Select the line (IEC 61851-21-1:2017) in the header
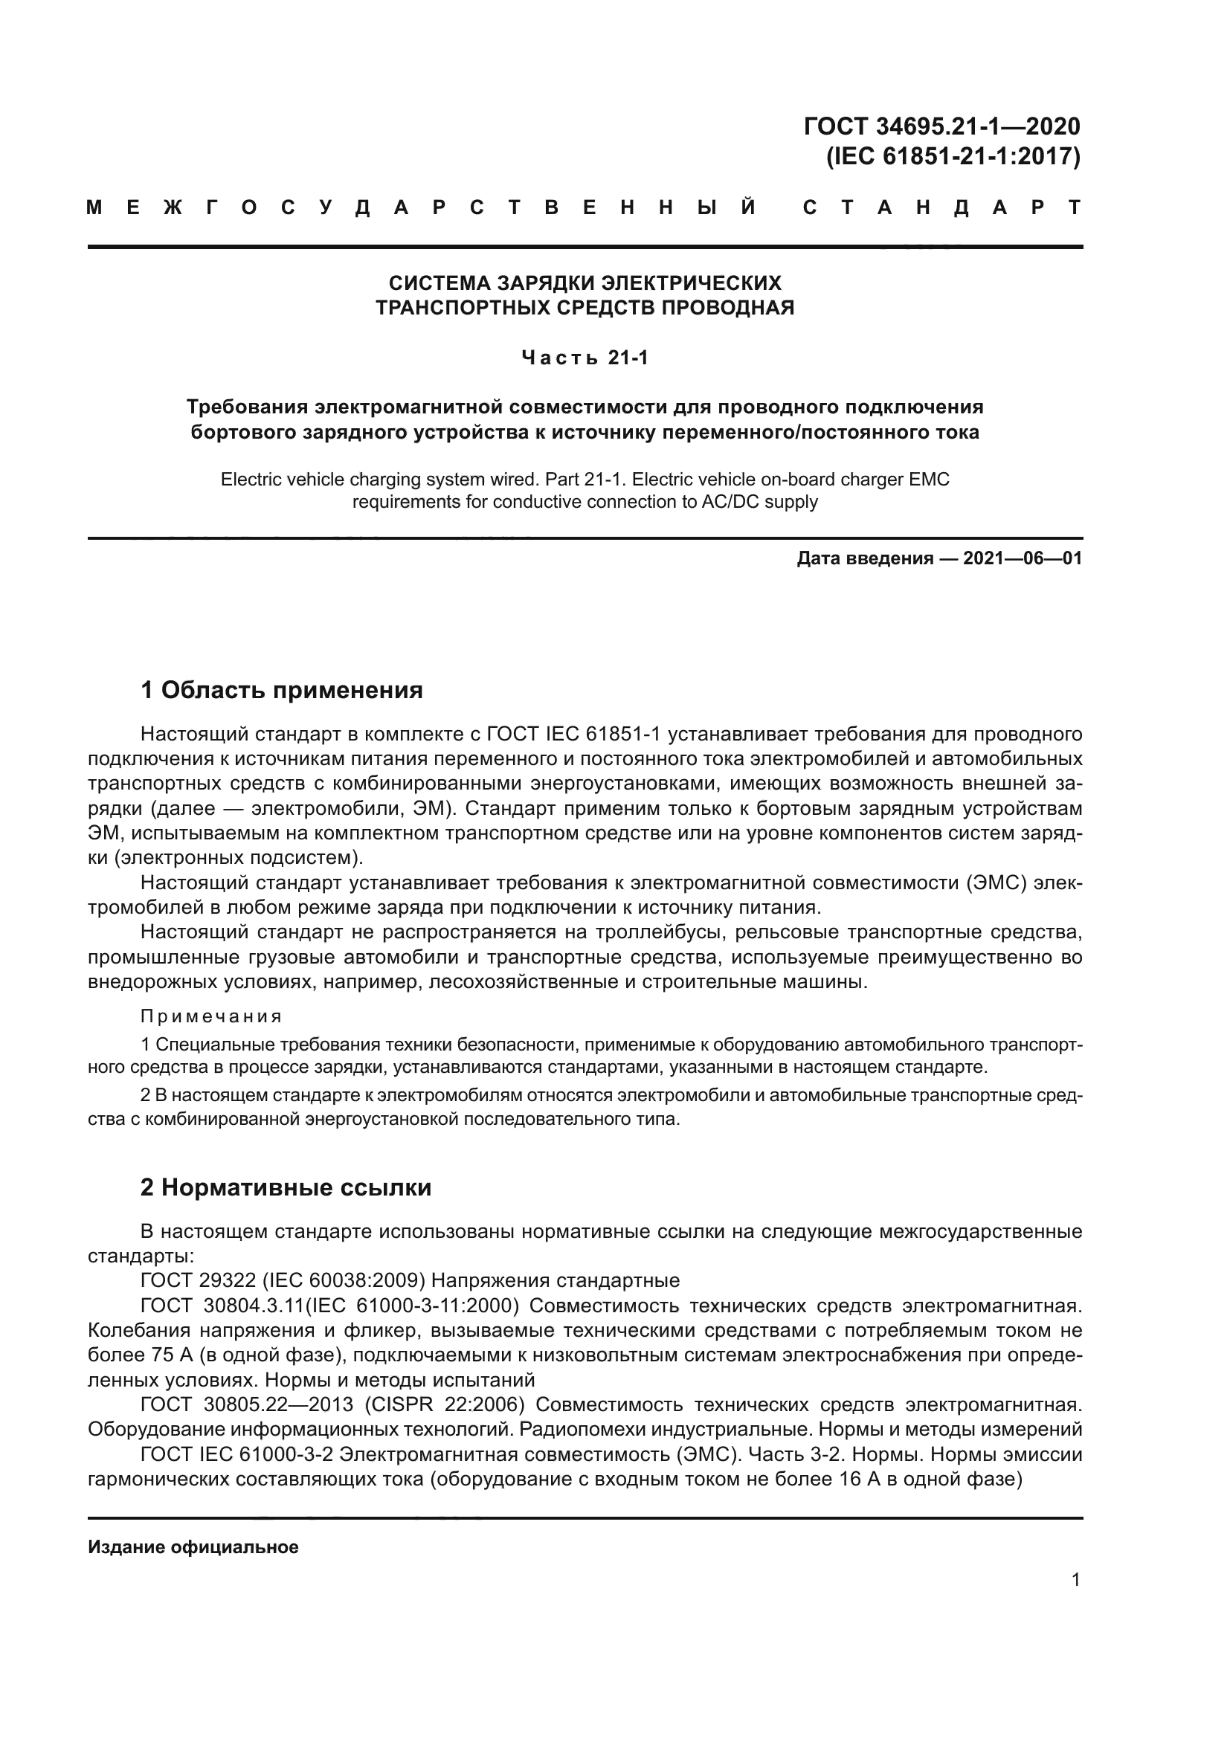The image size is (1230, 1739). pos(952,156)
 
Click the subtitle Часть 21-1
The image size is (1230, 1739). pos(585,358)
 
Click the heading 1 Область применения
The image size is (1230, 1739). pos(281,690)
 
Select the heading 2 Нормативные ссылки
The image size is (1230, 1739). pos(286,1187)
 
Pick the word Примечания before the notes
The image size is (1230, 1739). pos(211,1016)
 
